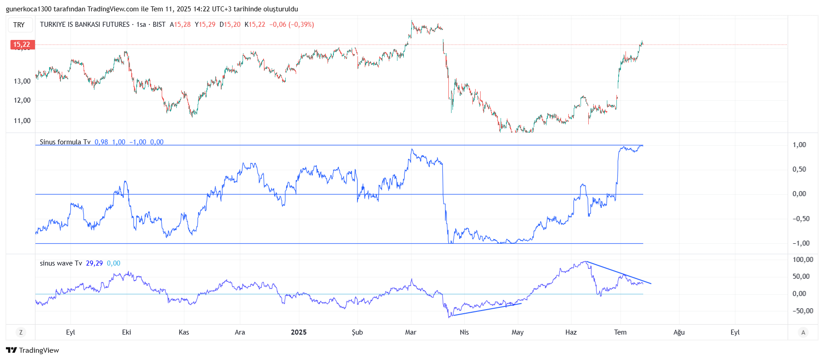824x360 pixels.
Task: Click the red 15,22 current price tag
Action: tap(22, 44)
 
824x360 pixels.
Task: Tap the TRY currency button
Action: tap(19, 25)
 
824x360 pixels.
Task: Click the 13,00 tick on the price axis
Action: tap(22, 81)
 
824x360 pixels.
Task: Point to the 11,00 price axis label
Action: tap(22, 121)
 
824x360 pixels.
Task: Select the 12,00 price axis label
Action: tap(22, 100)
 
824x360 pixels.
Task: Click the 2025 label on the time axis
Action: tap(298, 332)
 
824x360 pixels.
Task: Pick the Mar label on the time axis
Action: tap(411, 332)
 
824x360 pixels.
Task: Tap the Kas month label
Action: tap(184, 332)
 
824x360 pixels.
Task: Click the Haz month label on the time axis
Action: tap(571, 332)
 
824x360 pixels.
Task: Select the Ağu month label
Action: tap(679, 332)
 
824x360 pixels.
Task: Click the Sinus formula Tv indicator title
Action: tap(65, 142)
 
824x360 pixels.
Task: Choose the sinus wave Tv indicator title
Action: tap(61, 263)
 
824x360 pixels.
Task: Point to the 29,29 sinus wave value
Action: tap(94, 263)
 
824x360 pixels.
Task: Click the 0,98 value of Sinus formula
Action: tap(101, 142)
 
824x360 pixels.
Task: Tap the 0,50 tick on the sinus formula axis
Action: tap(799, 169)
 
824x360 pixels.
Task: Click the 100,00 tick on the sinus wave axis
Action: tap(803, 260)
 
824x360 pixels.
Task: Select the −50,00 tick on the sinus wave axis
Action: tap(803, 311)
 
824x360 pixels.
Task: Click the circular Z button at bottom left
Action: tap(20, 332)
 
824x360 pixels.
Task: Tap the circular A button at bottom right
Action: tap(803, 332)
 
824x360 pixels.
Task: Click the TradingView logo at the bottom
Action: tap(33, 350)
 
